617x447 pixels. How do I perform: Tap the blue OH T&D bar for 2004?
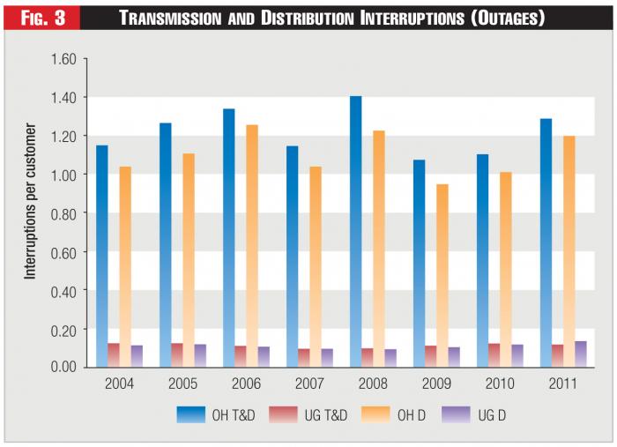[x=102, y=256]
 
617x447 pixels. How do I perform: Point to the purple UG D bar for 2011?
[x=581, y=354]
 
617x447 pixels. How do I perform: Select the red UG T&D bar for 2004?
[x=114, y=354]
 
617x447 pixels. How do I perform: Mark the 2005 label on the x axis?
[x=183, y=384]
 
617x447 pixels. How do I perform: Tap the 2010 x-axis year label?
[x=501, y=384]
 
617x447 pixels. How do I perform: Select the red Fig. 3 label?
[x=42, y=17]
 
